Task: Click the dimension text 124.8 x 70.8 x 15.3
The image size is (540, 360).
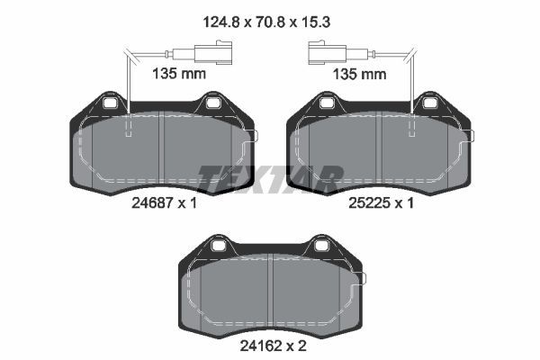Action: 266,22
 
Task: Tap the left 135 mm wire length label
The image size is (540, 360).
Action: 179,74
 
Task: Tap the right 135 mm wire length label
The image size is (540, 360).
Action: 359,74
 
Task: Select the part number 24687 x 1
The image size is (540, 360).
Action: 165,202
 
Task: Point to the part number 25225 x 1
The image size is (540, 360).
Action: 381,202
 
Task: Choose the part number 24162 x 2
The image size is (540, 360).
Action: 273,346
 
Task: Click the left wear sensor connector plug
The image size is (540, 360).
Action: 213,52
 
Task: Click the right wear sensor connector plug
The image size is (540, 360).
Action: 328,52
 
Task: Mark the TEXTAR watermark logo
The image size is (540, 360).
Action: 270,179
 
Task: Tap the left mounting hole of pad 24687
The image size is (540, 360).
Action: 111,103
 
